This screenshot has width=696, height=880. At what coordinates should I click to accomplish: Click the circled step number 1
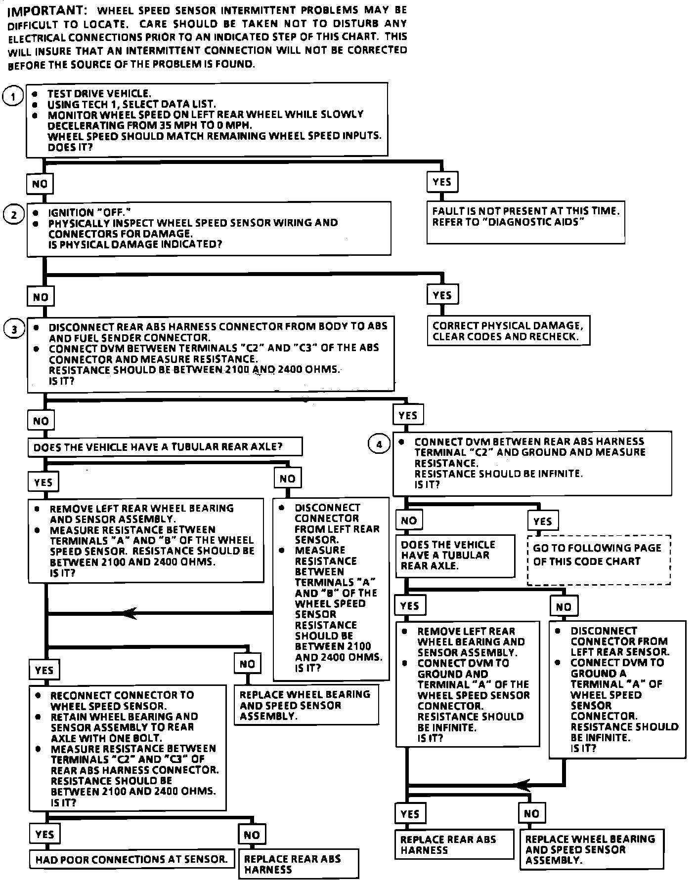pyautogui.click(x=13, y=96)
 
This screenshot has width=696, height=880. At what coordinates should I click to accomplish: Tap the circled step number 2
pyautogui.click(x=14, y=215)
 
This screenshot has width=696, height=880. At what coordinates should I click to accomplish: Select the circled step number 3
pyautogui.click(x=14, y=329)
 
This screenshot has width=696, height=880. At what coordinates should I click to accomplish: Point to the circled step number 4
pyautogui.click(x=379, y=444)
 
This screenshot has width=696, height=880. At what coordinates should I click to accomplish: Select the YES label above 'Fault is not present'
pyautogui.click(x=442, y=182)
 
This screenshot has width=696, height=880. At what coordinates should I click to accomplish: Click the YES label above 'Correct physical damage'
pyautogui.click(x=442, y=295)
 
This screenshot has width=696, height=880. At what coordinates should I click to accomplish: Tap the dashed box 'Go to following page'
pyautogui.click(x=599, y=560)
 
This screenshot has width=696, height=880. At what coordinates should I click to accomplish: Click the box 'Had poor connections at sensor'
pyautogui.click(x=131, y=860)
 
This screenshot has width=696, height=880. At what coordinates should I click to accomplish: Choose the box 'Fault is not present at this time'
pyautogui.click(x=525, y=222)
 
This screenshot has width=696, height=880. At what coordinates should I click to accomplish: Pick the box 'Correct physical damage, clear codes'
pyautogui.click(x=508, y=331)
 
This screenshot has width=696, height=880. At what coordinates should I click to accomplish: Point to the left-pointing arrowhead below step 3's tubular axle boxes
pyautogui.click(x=130, y=613)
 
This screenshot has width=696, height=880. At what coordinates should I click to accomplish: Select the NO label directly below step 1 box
pyautogui.click(x=40, y=184)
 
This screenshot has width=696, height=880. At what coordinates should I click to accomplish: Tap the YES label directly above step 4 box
pyautogui.click(x=408, y=415)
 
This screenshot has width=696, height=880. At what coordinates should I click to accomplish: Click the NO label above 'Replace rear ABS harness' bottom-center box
pyautogui.click(x=252, y=835)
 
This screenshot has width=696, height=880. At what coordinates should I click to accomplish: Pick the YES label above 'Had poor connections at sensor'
pyautogui.click(x=44, y=835)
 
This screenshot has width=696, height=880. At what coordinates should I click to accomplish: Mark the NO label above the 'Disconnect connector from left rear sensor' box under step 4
pyautogui.click(x=564, y=606)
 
